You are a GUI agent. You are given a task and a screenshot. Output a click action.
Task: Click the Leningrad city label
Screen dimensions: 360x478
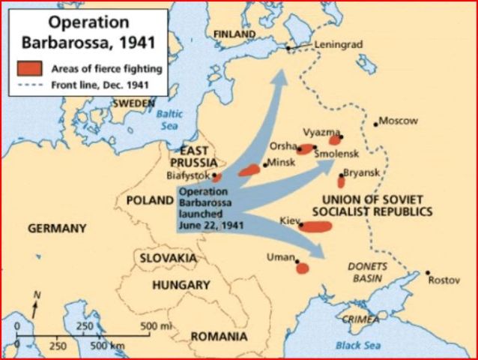tap(337, 44)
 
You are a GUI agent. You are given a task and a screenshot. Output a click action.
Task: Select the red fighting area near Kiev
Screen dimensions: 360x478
tap(316, 226)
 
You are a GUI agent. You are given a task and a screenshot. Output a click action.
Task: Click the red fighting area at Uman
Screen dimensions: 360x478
tap(302, 268)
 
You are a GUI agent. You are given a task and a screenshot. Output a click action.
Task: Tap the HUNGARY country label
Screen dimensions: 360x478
tap(181, 285)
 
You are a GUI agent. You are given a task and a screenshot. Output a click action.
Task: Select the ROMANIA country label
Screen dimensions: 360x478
tap(219, 336)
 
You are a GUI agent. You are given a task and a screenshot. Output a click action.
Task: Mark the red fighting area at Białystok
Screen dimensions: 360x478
tap(217, 178)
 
